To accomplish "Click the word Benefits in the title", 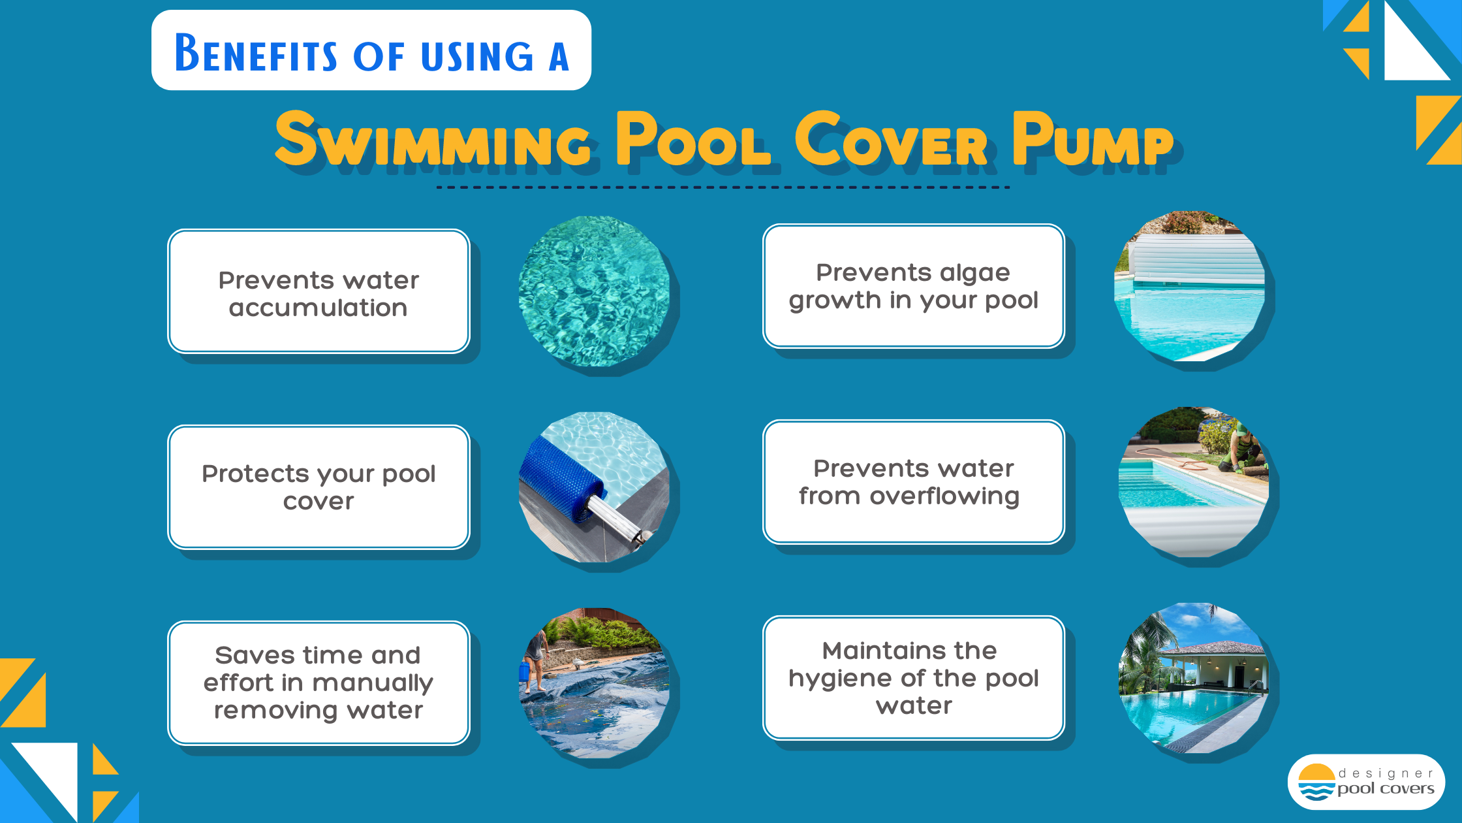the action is coord(256,53).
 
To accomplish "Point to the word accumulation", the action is coord(319,308).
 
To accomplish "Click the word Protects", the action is coord(255,474).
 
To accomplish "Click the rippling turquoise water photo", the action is coord(594,291).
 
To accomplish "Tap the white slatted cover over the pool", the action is coord(1198,259).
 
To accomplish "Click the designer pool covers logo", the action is coord(1366,782).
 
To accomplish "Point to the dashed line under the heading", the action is coord(723,187).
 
